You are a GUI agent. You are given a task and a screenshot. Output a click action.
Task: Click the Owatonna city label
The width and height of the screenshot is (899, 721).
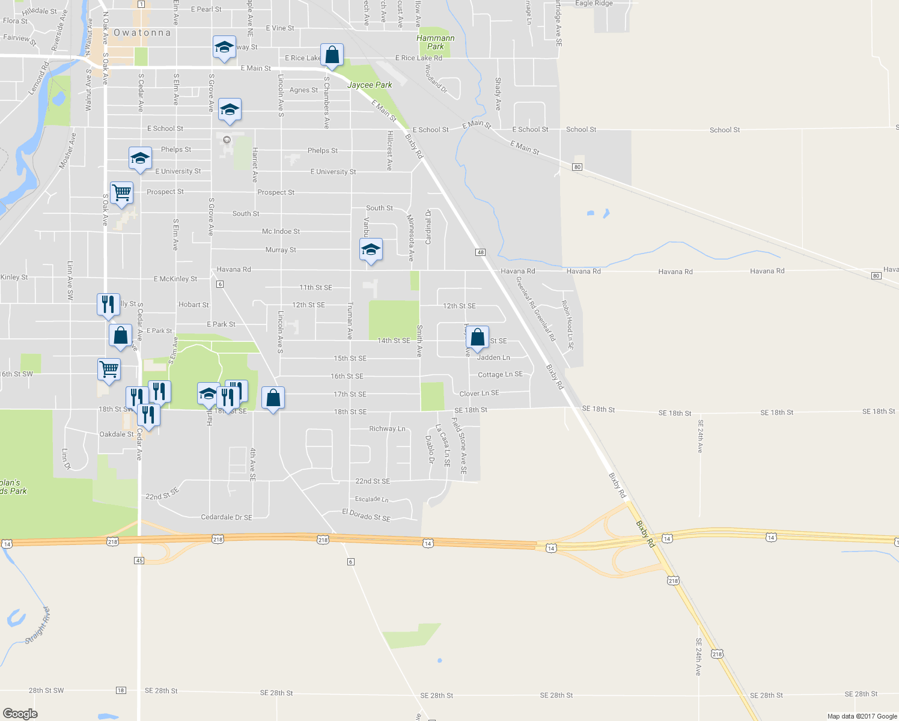142,33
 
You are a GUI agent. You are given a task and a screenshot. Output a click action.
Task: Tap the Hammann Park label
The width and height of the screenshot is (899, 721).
436,42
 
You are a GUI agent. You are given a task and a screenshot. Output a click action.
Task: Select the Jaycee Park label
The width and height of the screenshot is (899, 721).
370,85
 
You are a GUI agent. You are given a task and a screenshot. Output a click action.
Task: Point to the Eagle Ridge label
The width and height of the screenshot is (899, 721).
594,4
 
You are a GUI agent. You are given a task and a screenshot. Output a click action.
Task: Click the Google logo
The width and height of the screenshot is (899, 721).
20,714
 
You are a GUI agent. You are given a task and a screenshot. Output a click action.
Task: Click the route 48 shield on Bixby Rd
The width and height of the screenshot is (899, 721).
480,252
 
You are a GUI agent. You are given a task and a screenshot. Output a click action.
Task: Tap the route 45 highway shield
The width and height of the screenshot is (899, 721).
139,560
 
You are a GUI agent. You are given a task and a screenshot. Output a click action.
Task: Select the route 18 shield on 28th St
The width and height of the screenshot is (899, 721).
121,690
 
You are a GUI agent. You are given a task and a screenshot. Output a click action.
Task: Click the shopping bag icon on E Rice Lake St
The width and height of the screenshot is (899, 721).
332,55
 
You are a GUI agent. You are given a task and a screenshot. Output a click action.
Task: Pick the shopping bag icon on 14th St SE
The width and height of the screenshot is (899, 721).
477,338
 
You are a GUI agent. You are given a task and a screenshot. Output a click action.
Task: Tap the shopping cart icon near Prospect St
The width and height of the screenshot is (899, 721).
121,193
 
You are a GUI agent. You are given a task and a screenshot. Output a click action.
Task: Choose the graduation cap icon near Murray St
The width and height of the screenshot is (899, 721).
371,249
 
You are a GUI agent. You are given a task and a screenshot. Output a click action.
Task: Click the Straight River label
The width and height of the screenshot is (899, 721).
38,625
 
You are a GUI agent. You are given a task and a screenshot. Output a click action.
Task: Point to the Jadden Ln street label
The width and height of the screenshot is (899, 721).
493,357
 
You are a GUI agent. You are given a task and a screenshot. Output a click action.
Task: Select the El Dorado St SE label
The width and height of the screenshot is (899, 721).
366,515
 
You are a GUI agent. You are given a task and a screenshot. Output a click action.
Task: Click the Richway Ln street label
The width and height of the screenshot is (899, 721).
387,429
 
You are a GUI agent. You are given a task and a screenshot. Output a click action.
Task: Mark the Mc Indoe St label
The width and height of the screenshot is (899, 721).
281,231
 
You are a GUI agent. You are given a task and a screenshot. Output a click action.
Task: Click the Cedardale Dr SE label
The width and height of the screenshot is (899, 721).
226,517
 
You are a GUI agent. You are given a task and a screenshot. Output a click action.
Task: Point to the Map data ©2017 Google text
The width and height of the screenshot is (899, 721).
862,716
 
